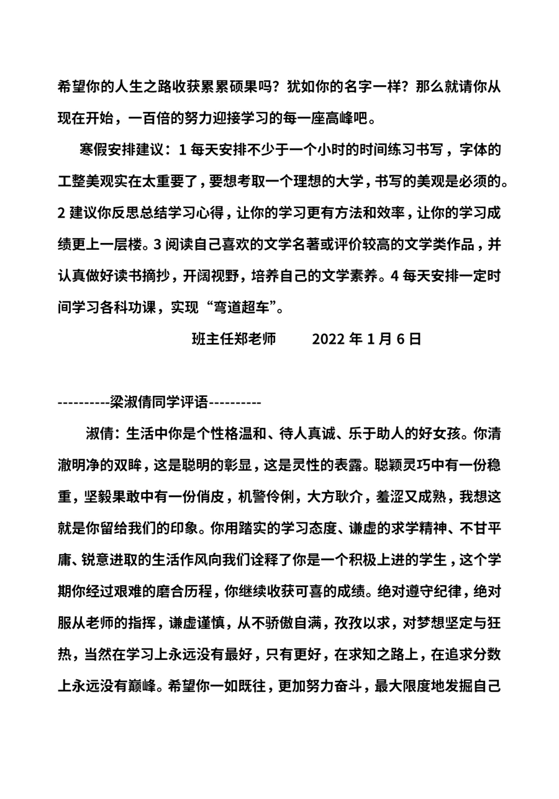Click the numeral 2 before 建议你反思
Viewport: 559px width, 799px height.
(61, 212)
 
